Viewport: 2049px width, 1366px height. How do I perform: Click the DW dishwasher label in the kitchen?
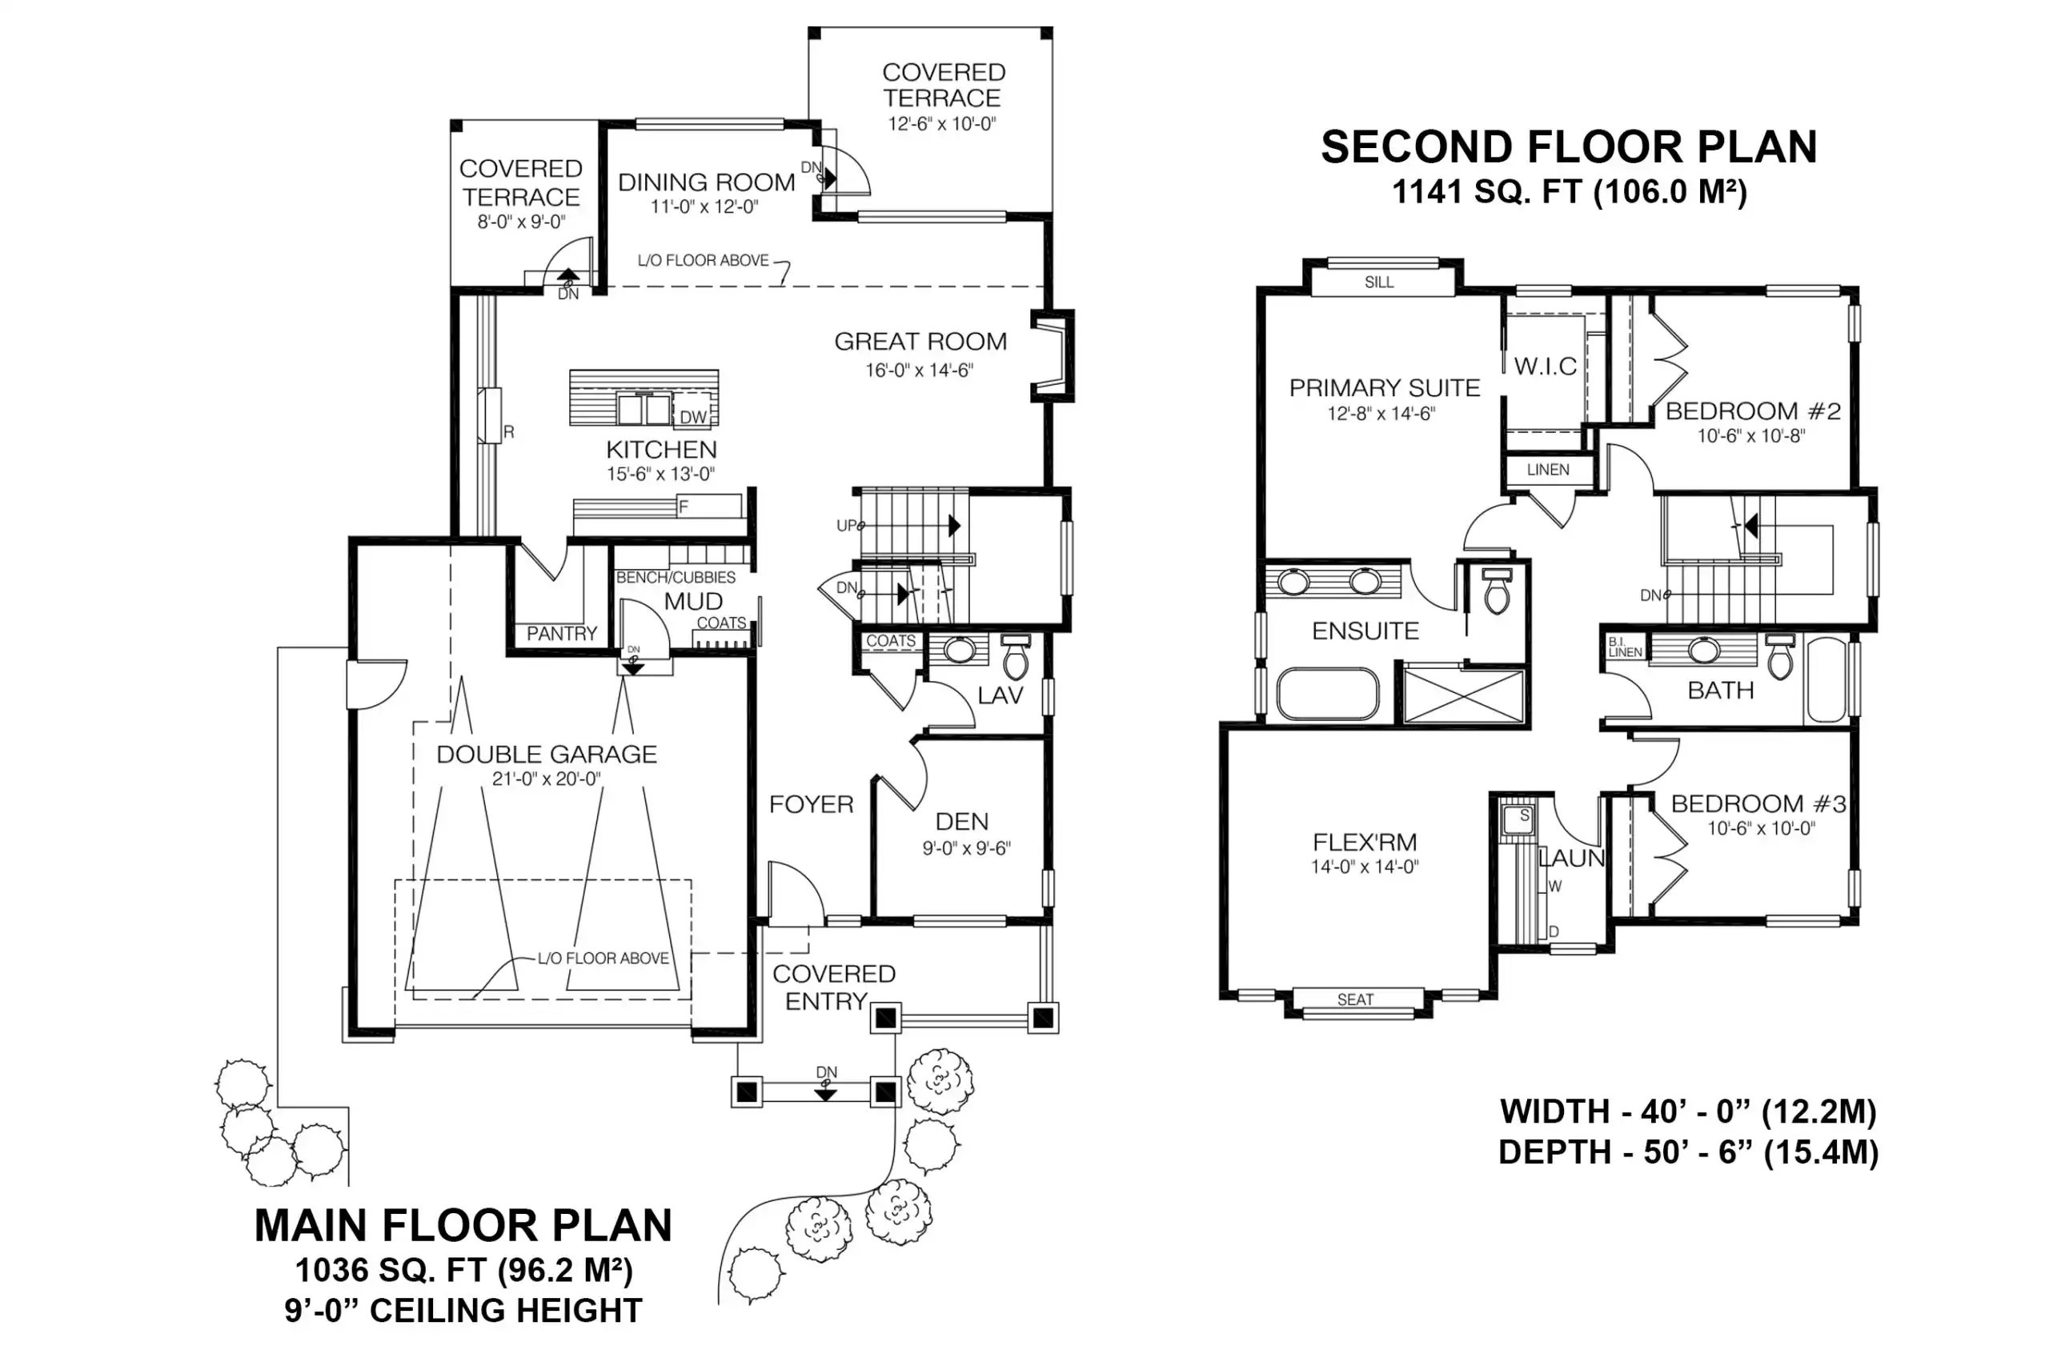693,417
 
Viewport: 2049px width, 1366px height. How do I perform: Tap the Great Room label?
920,342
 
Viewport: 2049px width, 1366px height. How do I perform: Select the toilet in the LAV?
1016,657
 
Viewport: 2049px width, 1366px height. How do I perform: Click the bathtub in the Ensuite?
1328,695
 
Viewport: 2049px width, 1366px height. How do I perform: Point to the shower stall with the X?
1465,695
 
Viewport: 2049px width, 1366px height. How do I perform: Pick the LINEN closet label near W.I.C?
1548,470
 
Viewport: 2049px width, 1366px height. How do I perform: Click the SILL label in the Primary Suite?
1379,282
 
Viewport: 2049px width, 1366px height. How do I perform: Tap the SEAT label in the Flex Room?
1355,999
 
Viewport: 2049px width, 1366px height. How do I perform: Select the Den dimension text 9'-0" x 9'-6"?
966,848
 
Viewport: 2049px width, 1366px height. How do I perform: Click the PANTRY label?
562,633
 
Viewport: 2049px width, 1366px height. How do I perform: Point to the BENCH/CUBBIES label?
676,578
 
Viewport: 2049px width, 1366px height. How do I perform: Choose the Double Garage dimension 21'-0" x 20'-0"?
546,779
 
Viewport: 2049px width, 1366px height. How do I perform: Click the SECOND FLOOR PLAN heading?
1569,147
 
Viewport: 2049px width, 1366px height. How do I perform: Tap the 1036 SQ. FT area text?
391,1270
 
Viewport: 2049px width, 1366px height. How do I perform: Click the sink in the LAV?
960,650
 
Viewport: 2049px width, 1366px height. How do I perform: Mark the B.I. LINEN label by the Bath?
1625,647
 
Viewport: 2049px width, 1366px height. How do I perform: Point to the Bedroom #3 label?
1758,803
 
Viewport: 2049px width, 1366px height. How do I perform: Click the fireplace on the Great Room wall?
1053,355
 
